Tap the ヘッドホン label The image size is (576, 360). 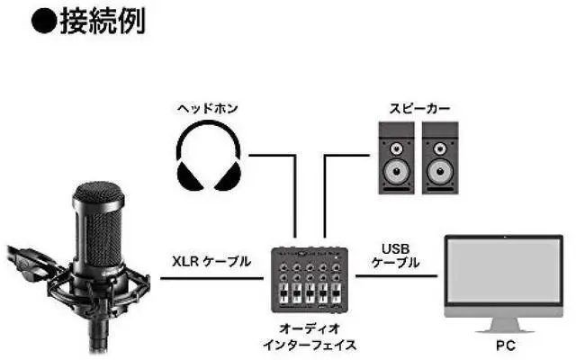[x=209, y=108]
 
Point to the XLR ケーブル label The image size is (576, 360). [x=211, y=262]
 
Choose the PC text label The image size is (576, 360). [x=510, y=343]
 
